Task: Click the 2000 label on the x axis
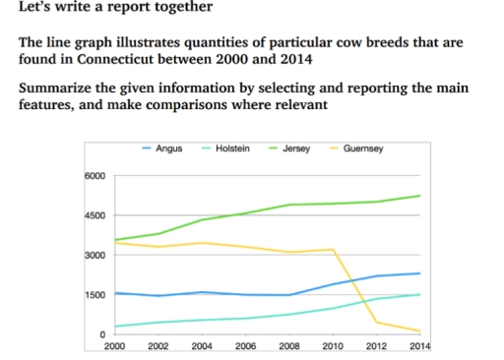(x=114, y=347)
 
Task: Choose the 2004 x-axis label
(x=202, y=347)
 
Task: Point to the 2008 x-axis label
(x=289, y=347)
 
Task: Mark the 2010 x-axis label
(x=333, y=347)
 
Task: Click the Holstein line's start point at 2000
(x=115, y=327)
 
